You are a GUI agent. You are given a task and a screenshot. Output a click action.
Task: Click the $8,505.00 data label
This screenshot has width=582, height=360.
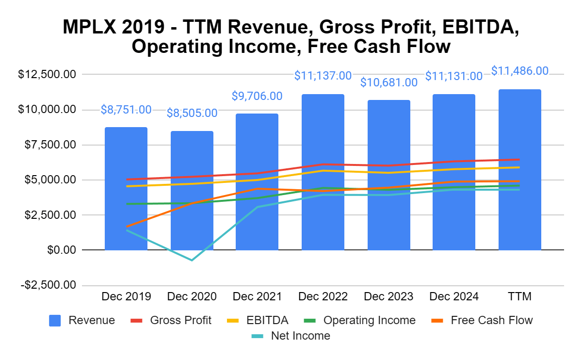[x=192, y=113]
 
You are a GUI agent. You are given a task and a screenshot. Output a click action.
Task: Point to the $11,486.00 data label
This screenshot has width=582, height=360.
[x=520, y=71]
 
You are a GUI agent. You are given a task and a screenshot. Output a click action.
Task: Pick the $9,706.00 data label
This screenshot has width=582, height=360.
[x=258, y=96]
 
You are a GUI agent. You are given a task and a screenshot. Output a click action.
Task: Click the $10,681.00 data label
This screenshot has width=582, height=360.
[x=388, y=82]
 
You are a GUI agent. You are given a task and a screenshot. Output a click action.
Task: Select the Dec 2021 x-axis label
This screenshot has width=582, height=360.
[x=258, y=296]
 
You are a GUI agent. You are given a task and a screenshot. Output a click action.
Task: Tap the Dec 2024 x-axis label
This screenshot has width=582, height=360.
[x=454, y=296]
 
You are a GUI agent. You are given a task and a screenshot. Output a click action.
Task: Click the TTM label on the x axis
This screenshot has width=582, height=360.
[x=520, y=296]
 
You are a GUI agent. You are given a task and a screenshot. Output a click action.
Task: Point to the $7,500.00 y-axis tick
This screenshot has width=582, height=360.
[x=47, y=145]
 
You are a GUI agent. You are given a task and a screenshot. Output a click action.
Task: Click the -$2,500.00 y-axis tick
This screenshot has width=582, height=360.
[x=48, y=285]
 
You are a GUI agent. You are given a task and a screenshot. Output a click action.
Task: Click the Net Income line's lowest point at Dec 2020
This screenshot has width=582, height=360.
[x=192, y=261]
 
